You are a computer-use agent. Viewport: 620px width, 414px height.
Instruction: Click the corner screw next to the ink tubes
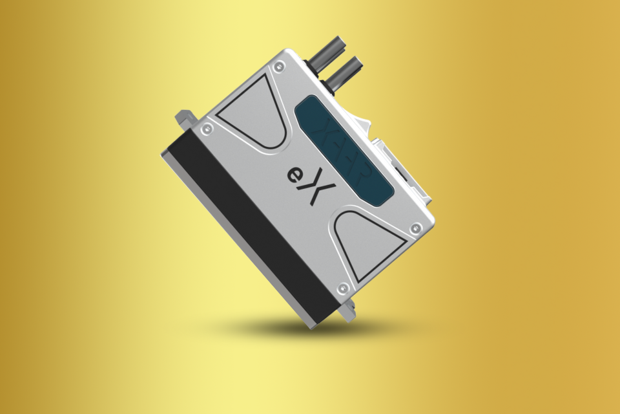pos(278,65)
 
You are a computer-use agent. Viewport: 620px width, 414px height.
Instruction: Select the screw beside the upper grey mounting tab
pos(206,129)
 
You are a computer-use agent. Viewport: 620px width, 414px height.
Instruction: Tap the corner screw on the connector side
pos(417,227)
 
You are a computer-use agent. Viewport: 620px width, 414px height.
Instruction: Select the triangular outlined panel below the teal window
pos(365,243)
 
